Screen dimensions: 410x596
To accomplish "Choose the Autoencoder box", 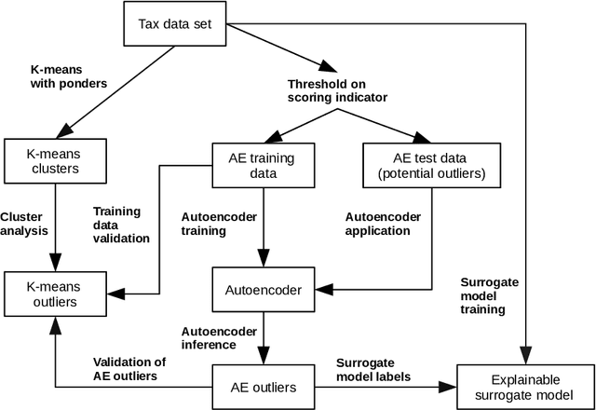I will coord(264,290).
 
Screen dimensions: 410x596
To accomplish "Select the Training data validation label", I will coord(122,224).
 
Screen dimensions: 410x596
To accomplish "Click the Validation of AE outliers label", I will coord(130,368).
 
